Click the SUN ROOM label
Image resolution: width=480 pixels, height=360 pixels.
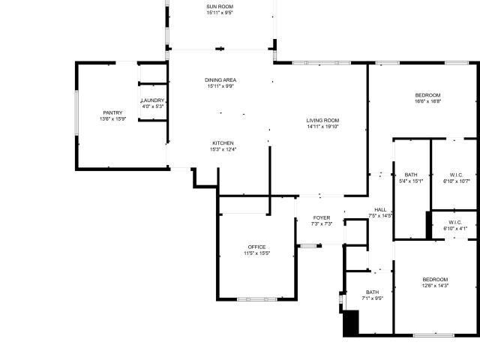pyautogui.click(x=220, y=7)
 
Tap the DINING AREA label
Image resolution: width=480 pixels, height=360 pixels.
pyautogui.click(x=220, y=80)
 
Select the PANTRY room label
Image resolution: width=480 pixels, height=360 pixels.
pyautogui.click(x=112, y=112)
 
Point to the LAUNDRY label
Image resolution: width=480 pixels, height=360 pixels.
pyautogui.click(x=152, y=100)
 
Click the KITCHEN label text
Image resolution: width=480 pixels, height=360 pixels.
pyautogui.click(x=223, y=143)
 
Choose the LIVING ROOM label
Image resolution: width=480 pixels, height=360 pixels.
pyautogui.click(x=322, y=120)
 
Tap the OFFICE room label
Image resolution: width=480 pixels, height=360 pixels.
pyautogui.click(x=256, y=247)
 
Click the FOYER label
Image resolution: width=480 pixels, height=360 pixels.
pyautogui.click(x=322, y=217)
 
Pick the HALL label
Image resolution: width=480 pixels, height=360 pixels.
pyautogui.click(x=380, y=210)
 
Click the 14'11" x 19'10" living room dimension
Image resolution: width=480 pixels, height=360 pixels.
pyautogui.click(x=322, y=127)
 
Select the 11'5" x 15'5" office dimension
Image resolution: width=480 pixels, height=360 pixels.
pyautogui.click(x=256, y=253)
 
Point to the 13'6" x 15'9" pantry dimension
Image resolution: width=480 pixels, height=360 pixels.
pyautogui.click(x=112, y=118)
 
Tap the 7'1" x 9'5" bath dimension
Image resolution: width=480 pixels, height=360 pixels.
pyautogui.click(x=372, y=298)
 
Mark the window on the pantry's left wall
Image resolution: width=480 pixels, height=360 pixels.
pyautogui.click(x=76, y=112)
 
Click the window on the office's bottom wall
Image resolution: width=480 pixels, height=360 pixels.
pyautogui.click(x=256, y=299)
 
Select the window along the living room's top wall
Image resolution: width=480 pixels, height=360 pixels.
pyautogui.click(x=322, y=63)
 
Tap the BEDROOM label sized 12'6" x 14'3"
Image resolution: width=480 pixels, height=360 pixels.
pyautogui.click(x=435, y=280)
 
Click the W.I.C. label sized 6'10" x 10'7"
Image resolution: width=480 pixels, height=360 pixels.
pyautogui.click(x=456, y=175)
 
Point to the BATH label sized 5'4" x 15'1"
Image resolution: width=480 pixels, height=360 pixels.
pyautogui.click(x=411, y=175)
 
